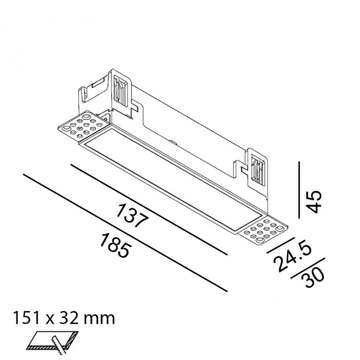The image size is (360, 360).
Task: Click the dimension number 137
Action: tap(133, 217)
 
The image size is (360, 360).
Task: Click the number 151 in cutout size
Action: tap(28, 317)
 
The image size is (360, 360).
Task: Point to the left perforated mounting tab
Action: tap(82, 125)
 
